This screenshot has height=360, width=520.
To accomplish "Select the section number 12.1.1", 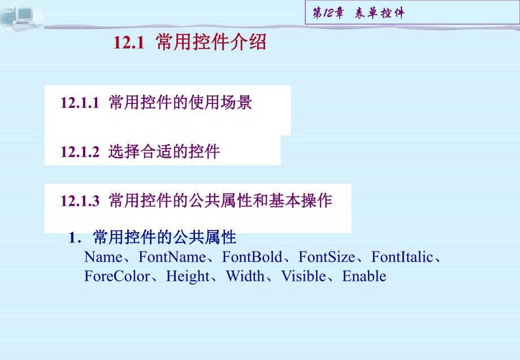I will pyautogui.click(x=80, y=103).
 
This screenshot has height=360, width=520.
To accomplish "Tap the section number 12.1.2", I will pyautogui.click(x=80, y=152).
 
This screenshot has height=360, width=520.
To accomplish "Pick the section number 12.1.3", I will pyautogui.click(x=80, y=201).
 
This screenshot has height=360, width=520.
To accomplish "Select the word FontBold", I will pyautogui.click(x=252, y=258).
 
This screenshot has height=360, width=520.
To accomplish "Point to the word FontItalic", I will pyautogui.click(x=401, y=258).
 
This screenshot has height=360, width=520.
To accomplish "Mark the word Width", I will pyautogui.click(x=245, y=276).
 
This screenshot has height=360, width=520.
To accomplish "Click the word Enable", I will pyautogui.click(x=365, y=276).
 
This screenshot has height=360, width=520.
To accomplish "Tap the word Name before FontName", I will pyautogui.click(x=102, y=258).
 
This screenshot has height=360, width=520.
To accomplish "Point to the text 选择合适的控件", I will pyautogui.click(x=164, y=152).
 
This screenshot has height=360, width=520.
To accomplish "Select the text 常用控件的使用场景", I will pyautogui.click(x=180, y=103).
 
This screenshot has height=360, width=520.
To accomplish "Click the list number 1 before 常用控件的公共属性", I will pyautogui.click(x=72, y=238).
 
